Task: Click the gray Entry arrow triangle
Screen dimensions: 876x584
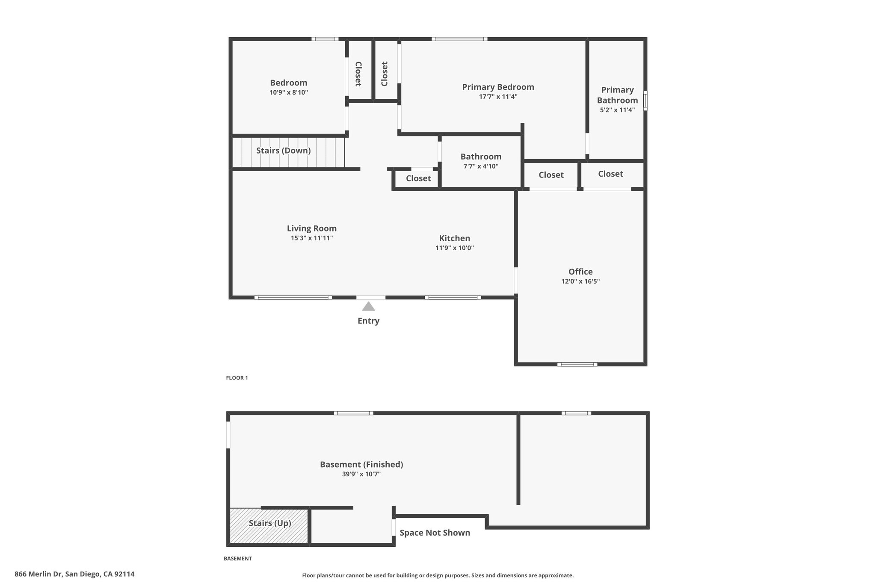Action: point(369,306)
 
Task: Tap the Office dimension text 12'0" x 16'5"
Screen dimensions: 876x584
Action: point(580,282)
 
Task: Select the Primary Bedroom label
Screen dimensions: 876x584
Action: point(498,87)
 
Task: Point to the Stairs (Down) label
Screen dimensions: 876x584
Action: point(283,151)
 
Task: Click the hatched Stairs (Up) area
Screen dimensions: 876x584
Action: point(269,526)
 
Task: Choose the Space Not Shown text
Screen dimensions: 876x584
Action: point(435,533)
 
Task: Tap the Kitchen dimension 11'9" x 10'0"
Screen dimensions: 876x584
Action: point(455,248)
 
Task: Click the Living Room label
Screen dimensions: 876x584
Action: point(312,228)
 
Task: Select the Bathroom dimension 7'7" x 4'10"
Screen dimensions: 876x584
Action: point(481,166)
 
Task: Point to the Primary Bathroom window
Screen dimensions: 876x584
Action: point(645,100)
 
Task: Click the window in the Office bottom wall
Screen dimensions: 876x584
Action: point(577,365)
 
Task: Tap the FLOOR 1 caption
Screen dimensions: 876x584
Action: point(237,378)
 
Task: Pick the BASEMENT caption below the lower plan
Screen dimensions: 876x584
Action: point(238,558)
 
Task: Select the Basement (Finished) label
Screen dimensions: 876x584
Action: point(361,465)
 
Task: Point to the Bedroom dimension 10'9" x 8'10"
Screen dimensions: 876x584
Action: point(289,92)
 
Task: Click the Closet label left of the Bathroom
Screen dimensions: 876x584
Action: point(418,178)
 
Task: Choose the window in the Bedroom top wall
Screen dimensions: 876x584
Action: point(325,39)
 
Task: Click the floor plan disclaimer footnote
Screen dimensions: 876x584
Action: point(438,575)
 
